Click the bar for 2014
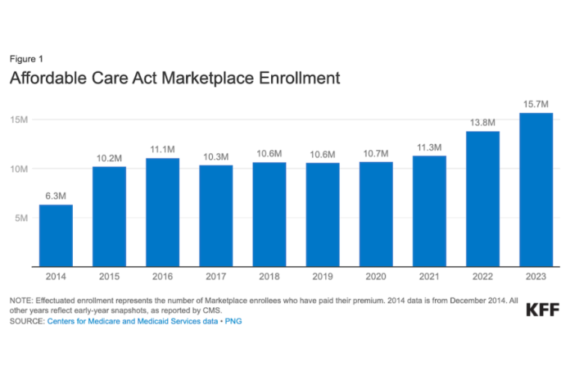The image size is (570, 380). tap(56, 236)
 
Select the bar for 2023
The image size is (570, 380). tap(536, 190)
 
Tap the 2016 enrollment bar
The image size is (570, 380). tap(162, 212)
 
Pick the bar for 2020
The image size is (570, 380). tap(376, 215)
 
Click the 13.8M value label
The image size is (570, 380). tap(482, 123)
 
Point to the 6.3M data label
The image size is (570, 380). tap(56, 196)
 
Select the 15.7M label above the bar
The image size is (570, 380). tap(536, 104)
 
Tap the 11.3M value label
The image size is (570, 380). tap(429, 147)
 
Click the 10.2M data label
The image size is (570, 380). tap(109, 158)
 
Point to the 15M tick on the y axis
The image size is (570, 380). tap(19, 120)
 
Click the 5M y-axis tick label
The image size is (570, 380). tap(21, 218)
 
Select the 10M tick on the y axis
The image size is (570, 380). tap(19, 169)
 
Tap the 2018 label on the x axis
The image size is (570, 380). tap(269, 277)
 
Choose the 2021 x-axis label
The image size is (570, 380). tap(429, 277)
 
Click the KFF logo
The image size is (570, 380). tap(542, 310)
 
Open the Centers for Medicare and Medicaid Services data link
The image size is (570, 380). tap(133, 321)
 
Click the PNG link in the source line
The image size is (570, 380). tap(233, 321)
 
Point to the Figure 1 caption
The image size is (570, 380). tap(26, 59)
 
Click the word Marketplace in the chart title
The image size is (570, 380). tap(207, 78)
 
